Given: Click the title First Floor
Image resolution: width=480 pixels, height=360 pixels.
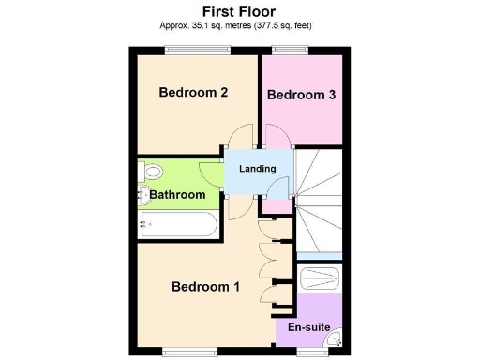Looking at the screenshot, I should [x=239, y=12].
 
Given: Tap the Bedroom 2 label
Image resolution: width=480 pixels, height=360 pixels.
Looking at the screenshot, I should [x=193, y=93].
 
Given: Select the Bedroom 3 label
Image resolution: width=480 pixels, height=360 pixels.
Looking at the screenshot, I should [x=301, y=95].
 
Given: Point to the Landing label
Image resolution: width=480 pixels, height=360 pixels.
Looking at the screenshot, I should [x=258, y=169].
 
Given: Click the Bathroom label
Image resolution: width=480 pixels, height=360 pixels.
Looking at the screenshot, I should [x=178, y=195].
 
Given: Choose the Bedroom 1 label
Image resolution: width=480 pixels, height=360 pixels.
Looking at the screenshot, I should [x=205, y=287].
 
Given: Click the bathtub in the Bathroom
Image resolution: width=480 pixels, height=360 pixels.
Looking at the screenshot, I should [x=178, y=224].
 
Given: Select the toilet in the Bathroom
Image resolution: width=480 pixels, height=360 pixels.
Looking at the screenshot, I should [x=152, y=172].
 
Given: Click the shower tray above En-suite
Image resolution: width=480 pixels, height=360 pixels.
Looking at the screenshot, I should [x=320, y=279].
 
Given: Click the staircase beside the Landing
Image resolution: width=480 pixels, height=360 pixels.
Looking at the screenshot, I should [x=319, y=202].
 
